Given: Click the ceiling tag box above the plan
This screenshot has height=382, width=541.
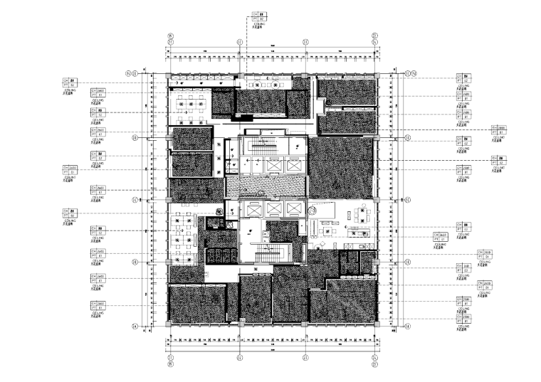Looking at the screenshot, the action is point(260,16).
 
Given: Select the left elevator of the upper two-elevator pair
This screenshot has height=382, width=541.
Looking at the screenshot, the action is point(254,164).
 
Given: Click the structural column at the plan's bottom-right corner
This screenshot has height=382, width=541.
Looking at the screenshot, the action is point(375,324).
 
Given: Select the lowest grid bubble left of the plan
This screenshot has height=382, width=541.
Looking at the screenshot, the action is point(135,327).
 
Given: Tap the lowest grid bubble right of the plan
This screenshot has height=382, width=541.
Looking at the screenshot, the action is point(407,327).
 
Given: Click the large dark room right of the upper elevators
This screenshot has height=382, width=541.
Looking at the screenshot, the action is point(340,168).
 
